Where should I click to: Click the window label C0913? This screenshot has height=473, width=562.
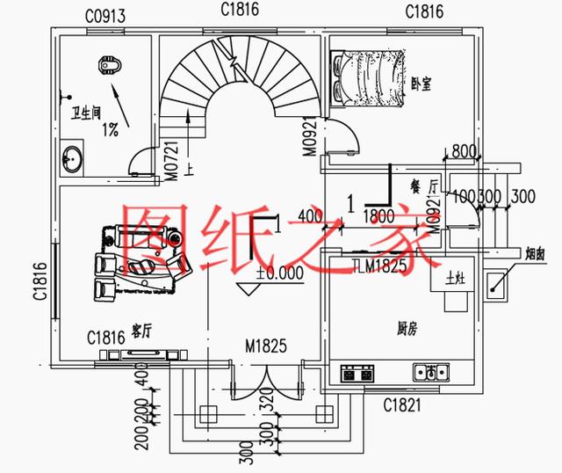tap(105, 16)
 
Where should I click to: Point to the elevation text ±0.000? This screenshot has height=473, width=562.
tap(280, 273)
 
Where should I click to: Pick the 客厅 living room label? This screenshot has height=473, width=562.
tap(141, 331)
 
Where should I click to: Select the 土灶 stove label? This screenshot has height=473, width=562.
tap(455, 279)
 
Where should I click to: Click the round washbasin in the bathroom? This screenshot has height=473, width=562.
tap(73, 161)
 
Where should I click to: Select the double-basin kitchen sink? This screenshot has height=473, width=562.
tap(432, 372)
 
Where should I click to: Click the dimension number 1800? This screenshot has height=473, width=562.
tap(378, 215)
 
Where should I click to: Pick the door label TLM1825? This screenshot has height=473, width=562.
tap(380, 266)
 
